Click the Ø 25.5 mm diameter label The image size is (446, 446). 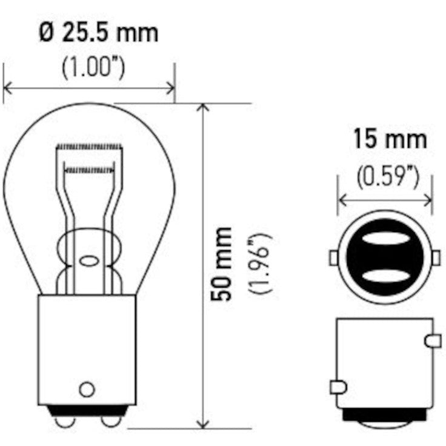[98, 33]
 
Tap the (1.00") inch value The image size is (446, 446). [94, 68]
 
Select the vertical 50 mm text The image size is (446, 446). [222, 264]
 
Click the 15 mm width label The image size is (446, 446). [390, 140]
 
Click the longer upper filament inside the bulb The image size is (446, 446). [89, 146]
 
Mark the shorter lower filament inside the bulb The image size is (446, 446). [89, 171]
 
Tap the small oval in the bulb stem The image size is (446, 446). [88, 262]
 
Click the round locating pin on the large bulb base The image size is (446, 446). [87, 388]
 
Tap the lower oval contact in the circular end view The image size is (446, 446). [384, 276]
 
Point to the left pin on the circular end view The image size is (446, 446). [333, 258]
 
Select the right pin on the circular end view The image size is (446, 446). [436, 258]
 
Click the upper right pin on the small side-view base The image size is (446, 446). [433, 341]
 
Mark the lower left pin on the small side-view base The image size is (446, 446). [338, 386]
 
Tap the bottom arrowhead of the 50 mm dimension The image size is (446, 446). [204, 424]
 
